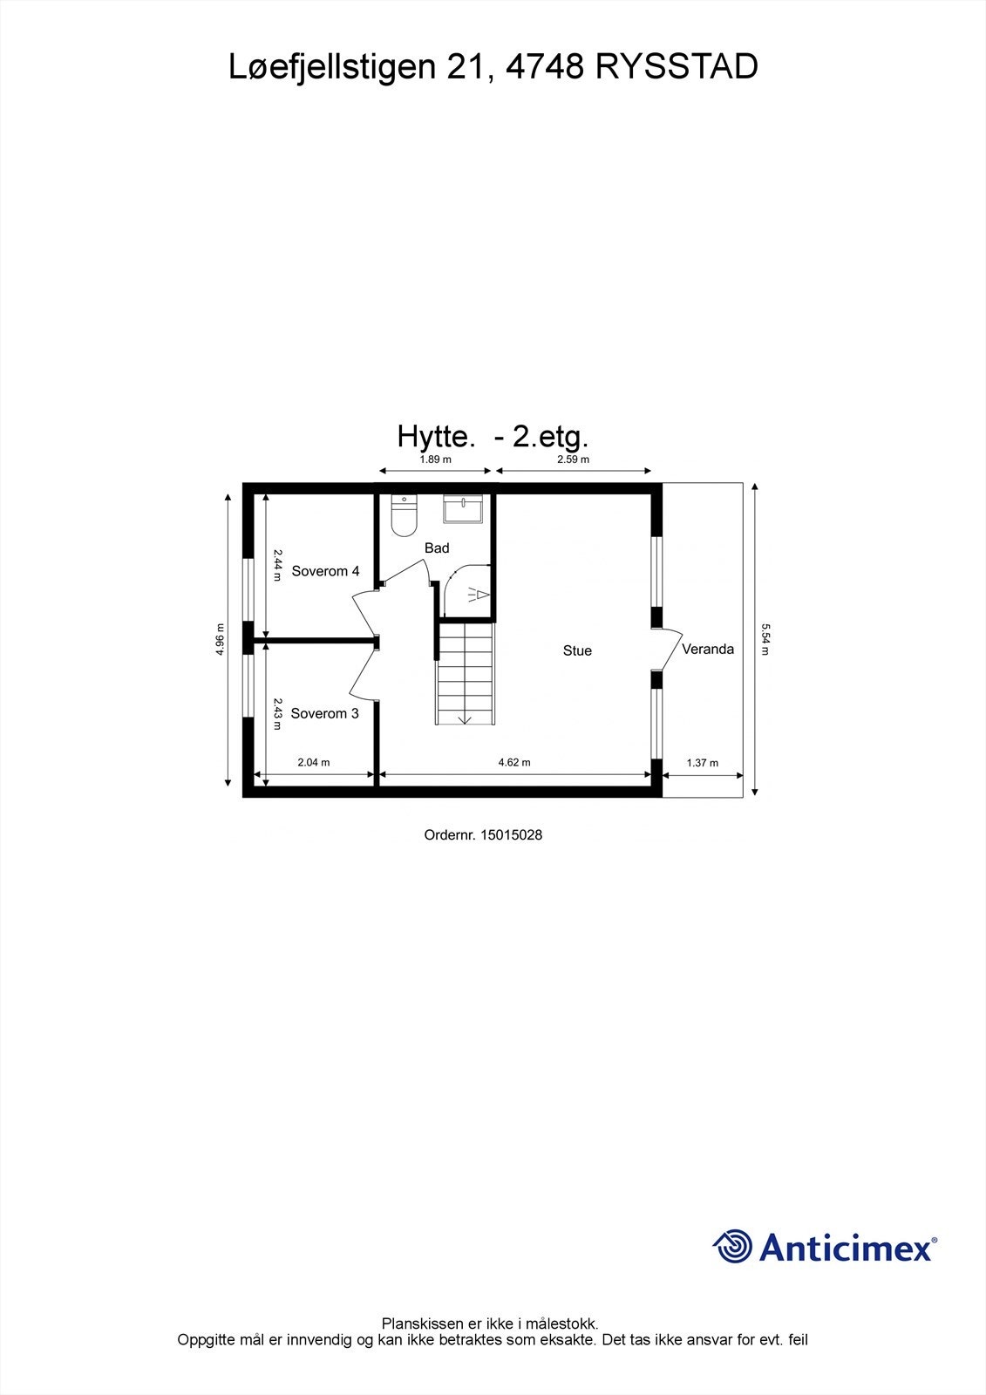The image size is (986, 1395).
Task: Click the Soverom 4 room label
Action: click(x=325, y=572)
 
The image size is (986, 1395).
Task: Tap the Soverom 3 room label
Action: click(x=324, y=714)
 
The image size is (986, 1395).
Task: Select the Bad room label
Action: click(x=437, y=548)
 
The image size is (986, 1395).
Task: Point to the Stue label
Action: click(x=577, y=651)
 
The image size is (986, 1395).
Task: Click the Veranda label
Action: click(x=708, y=650)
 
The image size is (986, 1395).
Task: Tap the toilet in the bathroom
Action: click(x=405, y=516)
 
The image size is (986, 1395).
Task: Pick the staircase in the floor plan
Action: click(x=466, y=672)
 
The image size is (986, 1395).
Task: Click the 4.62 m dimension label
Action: click(x=514, y=763)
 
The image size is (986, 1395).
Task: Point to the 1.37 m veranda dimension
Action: click(x=703, y=763)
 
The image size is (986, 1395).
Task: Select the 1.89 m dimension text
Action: click(x=435, y=459)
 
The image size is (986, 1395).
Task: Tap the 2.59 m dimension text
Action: click(x=574, y=459)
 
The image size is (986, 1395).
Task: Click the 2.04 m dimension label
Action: click(x=314, y=763)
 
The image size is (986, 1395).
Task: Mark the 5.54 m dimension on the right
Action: click(x=765, y=638)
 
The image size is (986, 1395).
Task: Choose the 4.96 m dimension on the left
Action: click(x=221, y=640)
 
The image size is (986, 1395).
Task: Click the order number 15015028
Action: click(x=483, y=835)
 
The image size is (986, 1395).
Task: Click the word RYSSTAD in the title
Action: click(x=677, y=67)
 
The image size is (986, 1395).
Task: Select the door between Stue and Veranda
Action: click(x=669, y=650)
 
